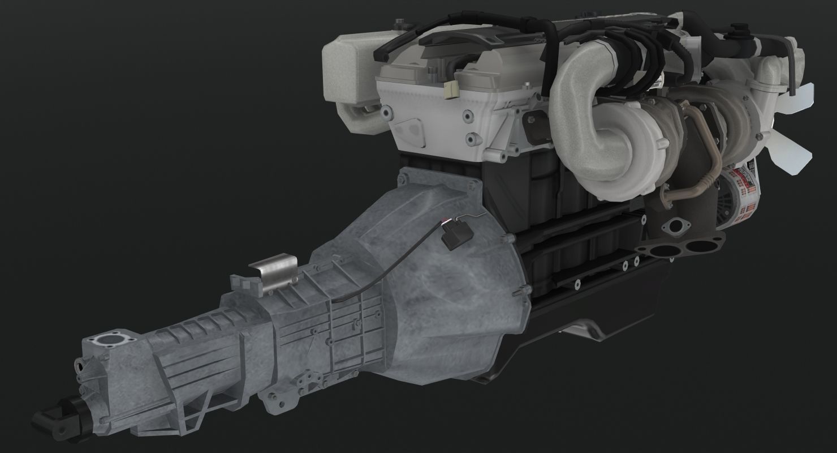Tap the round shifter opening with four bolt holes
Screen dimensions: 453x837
[x=109, y=341]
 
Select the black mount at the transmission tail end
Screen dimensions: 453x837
[x=54, y=417]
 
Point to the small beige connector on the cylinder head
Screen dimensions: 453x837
[x=451, y=89]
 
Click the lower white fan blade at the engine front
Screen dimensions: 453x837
[x=797, y=149]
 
